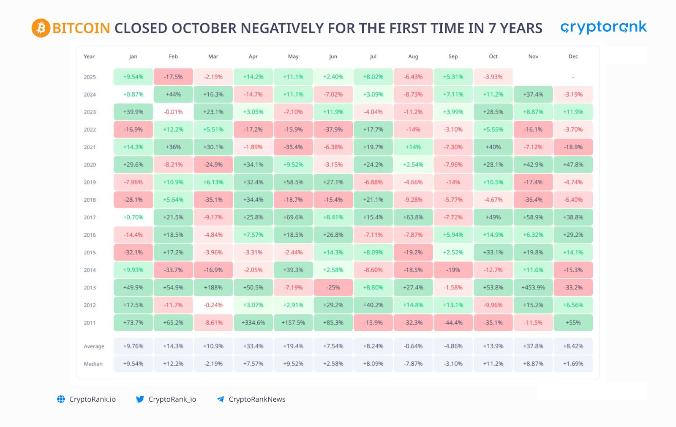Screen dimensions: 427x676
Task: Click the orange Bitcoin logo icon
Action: tap(41, 28)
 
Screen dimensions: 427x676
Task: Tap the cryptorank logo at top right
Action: tap(603, 27)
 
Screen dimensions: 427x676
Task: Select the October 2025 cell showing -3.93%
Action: tap(493, 77)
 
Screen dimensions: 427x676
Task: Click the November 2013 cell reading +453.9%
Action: tap(533, 287)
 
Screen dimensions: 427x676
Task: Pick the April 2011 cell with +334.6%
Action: tap(253, 323)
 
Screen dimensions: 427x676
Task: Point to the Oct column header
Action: tap(493, 57)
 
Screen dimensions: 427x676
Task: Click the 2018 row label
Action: tap(90, 200)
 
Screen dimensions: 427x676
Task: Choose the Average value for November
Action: tap(533, 346)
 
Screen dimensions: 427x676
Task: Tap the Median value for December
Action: tap(573, 364)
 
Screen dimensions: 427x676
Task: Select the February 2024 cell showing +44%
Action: tap(173, 95)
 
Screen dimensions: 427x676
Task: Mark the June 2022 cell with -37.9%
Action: tap(333, 130)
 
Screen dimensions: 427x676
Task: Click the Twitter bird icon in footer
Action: tap(140, 399)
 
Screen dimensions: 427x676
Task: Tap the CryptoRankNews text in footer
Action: tap(257, 399)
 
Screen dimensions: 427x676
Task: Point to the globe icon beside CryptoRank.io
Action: tap(61, 399)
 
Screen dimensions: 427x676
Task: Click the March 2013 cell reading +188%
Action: tap(213, 287)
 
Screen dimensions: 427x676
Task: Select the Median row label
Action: tap(93, 364)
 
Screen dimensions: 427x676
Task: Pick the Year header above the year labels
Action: tap(89, 57)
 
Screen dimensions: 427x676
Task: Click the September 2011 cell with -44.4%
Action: tap(453, 323)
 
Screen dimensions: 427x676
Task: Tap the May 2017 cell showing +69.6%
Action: tap(293, 217)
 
